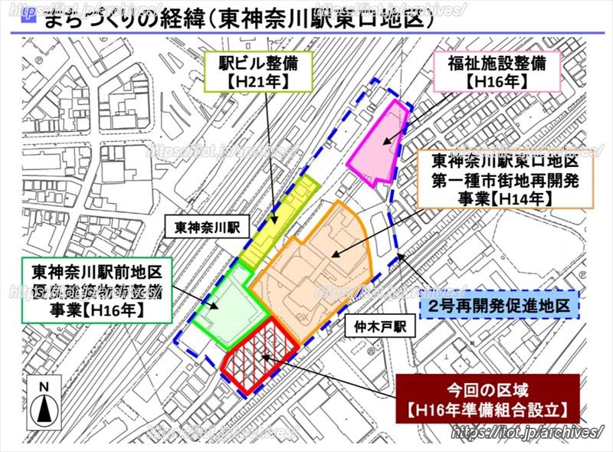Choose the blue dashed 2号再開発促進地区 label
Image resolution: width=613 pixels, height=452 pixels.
pos(499,306)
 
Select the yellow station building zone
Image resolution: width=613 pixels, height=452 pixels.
pos(278,222)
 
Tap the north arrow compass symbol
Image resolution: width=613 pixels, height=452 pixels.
pos(45,406)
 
